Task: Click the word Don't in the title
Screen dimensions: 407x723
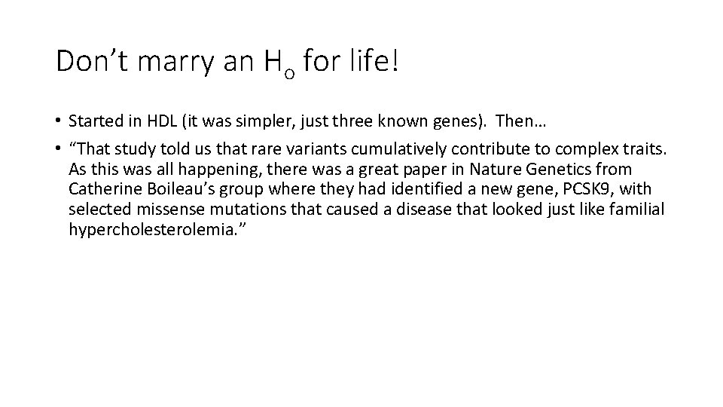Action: tap(93, 61)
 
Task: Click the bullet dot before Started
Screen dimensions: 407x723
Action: tap(58, 121)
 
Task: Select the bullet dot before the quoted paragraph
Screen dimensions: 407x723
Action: tap(58, 148)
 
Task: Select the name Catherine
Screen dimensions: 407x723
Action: tap(101, 189)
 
